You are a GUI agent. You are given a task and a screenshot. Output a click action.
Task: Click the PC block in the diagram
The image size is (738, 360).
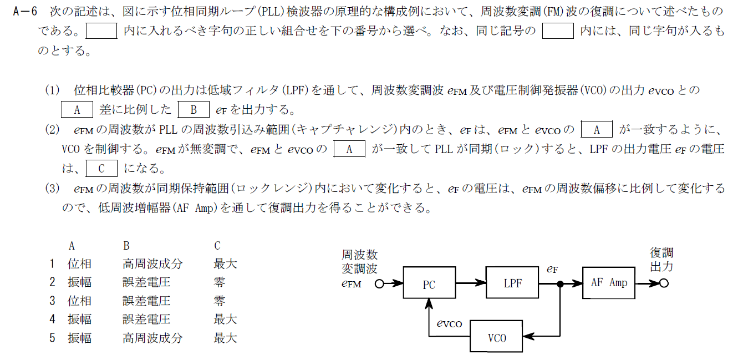(429, 284)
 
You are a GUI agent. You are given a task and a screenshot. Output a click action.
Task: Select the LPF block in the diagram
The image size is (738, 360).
(512, 282)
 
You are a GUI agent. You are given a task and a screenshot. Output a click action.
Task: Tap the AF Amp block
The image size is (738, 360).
(609, 282)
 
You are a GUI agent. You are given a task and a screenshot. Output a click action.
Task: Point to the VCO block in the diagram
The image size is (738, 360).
(496, 337)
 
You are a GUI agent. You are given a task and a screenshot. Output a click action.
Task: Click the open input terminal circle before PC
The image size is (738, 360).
(379, 284)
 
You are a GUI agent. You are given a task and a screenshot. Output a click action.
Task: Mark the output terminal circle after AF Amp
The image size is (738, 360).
(664, 283)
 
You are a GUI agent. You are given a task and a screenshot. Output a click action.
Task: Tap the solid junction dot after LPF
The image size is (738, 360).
(561, 284)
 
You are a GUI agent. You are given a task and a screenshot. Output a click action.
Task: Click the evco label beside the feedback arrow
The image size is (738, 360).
(449, 323)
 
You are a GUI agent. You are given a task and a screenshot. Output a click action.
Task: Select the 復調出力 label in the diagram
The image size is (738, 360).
(661, 260)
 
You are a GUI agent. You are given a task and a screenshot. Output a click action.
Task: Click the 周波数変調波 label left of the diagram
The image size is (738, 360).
(360, 262)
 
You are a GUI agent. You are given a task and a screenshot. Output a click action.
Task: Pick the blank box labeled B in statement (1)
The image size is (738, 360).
(193, 109)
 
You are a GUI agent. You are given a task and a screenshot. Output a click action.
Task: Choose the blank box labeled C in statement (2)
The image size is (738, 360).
(102, 168)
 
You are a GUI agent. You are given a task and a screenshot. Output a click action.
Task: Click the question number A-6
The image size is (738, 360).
(24, 11)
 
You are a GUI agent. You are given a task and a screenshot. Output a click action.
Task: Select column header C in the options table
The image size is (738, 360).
(217, 246)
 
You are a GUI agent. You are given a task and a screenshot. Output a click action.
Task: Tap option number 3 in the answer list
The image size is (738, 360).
(52, 301)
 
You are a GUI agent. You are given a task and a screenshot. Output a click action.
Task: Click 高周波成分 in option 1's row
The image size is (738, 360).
(152, 263)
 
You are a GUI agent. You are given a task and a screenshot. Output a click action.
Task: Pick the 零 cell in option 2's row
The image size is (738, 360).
(219, 282)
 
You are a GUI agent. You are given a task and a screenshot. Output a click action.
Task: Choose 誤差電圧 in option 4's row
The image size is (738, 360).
(146, 319)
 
